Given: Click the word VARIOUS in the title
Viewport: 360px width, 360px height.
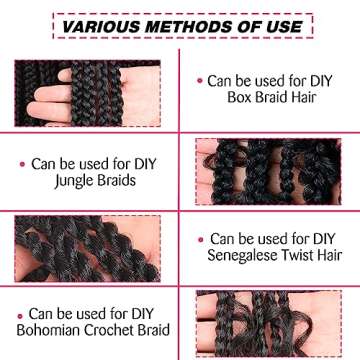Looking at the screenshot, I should point(99,24).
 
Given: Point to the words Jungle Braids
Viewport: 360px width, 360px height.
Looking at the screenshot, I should point(90,180).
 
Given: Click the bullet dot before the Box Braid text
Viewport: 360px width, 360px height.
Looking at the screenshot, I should point(200,80).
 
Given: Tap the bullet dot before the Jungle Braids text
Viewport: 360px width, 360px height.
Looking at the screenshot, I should point(22,161).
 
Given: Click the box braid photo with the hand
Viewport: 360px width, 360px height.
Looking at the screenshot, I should point(89,92).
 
